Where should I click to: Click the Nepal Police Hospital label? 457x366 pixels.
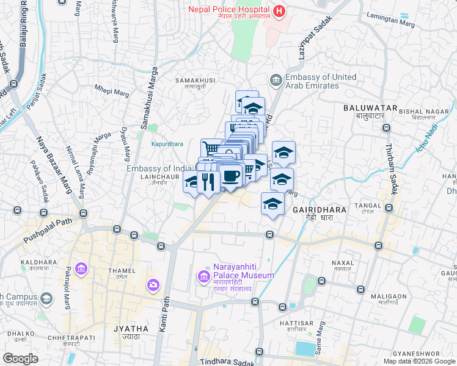(x=228, y=10)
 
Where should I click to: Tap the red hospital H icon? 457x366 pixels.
(x=279, y=10)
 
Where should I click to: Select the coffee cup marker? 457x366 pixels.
(x=230, y=176)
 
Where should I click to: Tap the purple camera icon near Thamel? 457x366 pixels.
(x=153, y=284)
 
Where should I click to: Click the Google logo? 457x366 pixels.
(x=21, y=359)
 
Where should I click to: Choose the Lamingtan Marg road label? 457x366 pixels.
(x=392, y=20)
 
